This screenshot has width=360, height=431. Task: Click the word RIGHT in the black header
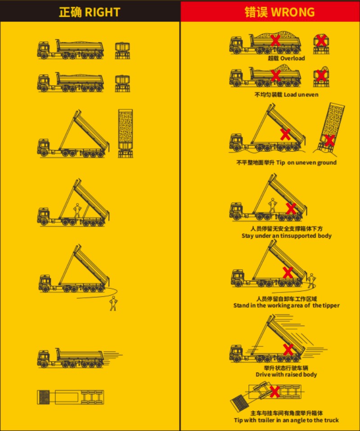102,12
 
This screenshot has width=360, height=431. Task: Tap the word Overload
292,58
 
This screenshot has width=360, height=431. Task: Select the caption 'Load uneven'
301,94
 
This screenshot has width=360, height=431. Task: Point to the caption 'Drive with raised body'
286,374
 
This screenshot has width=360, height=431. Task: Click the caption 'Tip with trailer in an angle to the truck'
286,420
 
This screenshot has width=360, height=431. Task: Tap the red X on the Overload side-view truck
275,40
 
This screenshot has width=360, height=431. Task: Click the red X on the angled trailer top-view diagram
274,392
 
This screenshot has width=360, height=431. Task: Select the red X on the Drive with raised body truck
288,350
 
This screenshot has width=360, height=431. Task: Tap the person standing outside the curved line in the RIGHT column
113,304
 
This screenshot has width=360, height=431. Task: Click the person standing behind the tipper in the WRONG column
311,280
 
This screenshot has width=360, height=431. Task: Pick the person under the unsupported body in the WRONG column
273,205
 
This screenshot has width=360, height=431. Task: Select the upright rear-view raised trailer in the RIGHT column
126,133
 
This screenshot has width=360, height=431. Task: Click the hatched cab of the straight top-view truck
44,397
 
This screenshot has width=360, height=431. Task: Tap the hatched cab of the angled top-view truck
239,403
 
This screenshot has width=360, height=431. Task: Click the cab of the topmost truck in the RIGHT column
43,50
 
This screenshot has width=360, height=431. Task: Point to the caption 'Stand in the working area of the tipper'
286,305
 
